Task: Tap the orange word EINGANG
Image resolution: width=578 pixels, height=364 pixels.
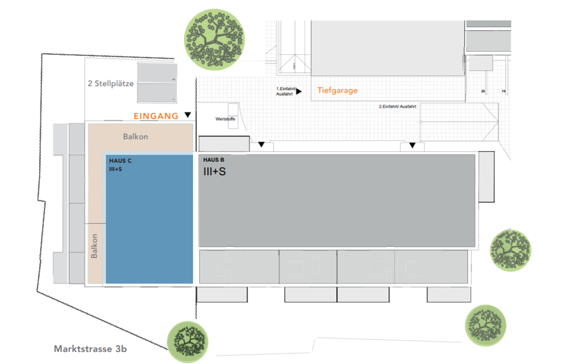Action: (156, 116)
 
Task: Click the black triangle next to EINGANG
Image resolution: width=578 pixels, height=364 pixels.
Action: (188, 115)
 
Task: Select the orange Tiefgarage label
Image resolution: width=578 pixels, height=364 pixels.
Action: (338, 91)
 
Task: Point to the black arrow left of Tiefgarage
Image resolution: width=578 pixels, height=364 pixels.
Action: (299, 91)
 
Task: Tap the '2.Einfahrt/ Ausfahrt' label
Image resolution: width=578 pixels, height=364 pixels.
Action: (397, 106)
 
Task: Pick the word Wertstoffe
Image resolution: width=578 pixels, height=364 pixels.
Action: (225, 119)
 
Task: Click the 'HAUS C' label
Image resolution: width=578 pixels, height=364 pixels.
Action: (120, 161)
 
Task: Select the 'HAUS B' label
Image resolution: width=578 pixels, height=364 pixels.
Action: (214, 160)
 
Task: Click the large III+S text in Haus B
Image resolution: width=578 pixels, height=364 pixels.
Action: (215, 171)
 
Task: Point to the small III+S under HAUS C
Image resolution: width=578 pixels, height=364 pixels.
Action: (116, 169)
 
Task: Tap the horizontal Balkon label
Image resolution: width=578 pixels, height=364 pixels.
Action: (135, 137)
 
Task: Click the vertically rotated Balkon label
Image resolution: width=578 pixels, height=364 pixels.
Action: (95, 247)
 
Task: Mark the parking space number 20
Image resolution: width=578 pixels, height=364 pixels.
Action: (483, 91)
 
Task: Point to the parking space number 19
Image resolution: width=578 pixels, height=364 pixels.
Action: (504, 91)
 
